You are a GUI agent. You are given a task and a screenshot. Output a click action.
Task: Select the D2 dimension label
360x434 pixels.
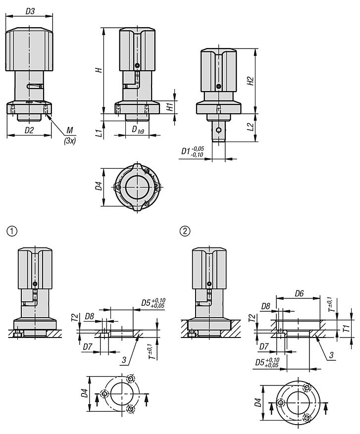29,130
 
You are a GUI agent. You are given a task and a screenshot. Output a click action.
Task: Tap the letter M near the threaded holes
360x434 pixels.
70,130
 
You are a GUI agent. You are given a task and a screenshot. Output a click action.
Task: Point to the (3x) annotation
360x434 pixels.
69,140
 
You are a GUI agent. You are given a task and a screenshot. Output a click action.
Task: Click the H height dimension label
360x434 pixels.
99,70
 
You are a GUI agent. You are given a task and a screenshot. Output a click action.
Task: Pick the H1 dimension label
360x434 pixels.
169,105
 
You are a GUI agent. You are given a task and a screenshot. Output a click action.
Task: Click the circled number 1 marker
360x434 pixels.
11,231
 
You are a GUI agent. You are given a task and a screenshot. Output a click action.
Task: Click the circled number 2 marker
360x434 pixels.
185,231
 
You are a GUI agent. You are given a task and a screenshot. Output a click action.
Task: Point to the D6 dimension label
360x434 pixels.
299,293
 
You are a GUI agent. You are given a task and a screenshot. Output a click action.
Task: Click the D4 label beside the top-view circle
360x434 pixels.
99,187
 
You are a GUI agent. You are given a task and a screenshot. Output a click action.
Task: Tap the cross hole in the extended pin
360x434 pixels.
218,130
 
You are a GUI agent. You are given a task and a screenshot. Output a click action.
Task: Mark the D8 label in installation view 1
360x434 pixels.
90,316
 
